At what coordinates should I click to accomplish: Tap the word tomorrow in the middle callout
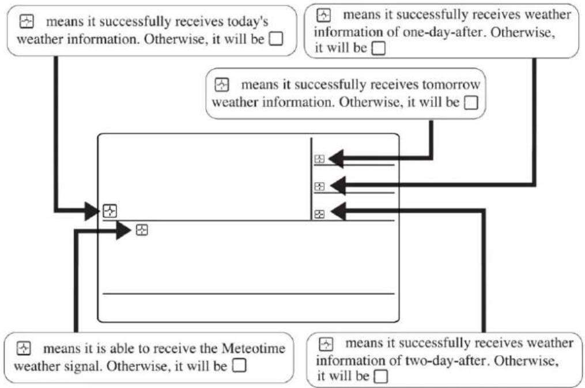click(x=451, y=85)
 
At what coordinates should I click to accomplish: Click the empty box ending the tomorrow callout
click(x=471, y=103)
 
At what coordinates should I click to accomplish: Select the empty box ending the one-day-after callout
click(x=378, y=48)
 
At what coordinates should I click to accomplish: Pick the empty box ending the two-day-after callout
click(x=380, y=377)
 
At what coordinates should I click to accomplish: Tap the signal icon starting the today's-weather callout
click(x=27, y=22)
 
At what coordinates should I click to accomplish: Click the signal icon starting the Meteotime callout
click(x=24, y=348)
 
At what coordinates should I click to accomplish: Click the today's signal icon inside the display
click(x=110, y=211)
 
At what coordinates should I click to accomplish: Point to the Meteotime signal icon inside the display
click(x=142, y=230)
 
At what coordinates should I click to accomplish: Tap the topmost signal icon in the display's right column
click(x=319, y=159)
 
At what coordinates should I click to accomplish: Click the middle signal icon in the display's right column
click(x=319, y=186)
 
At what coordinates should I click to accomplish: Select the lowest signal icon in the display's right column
click(x=319, y=214)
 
